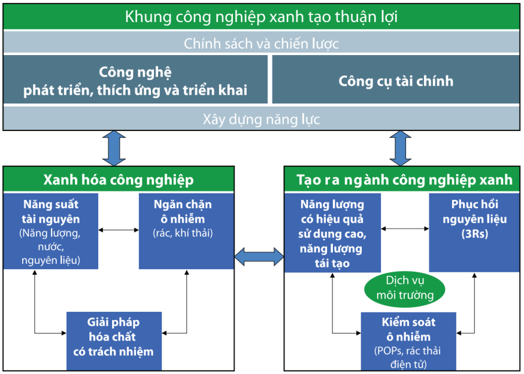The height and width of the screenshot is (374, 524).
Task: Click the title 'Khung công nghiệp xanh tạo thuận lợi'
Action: [261, 17]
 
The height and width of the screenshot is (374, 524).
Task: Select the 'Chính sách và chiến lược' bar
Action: [261, 43]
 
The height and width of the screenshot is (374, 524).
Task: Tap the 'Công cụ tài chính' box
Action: [396, 81]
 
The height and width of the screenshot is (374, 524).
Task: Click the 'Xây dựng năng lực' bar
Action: [261, 119]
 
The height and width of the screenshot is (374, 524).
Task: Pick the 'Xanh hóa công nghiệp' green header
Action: [119, 180]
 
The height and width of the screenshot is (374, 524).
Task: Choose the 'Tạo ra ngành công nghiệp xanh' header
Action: [404, 180]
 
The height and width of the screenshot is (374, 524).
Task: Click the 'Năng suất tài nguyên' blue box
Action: [52, 230]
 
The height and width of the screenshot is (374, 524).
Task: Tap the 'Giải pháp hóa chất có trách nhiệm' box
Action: [113, 336]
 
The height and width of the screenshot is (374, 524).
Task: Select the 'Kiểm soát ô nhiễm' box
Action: [408, 339]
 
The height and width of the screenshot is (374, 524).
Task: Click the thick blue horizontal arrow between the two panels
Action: [259, 257]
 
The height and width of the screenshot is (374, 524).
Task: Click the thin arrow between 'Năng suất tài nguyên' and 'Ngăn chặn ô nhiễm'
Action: [119, 230]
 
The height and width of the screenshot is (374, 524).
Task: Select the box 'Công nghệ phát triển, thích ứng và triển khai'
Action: [135, 81]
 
